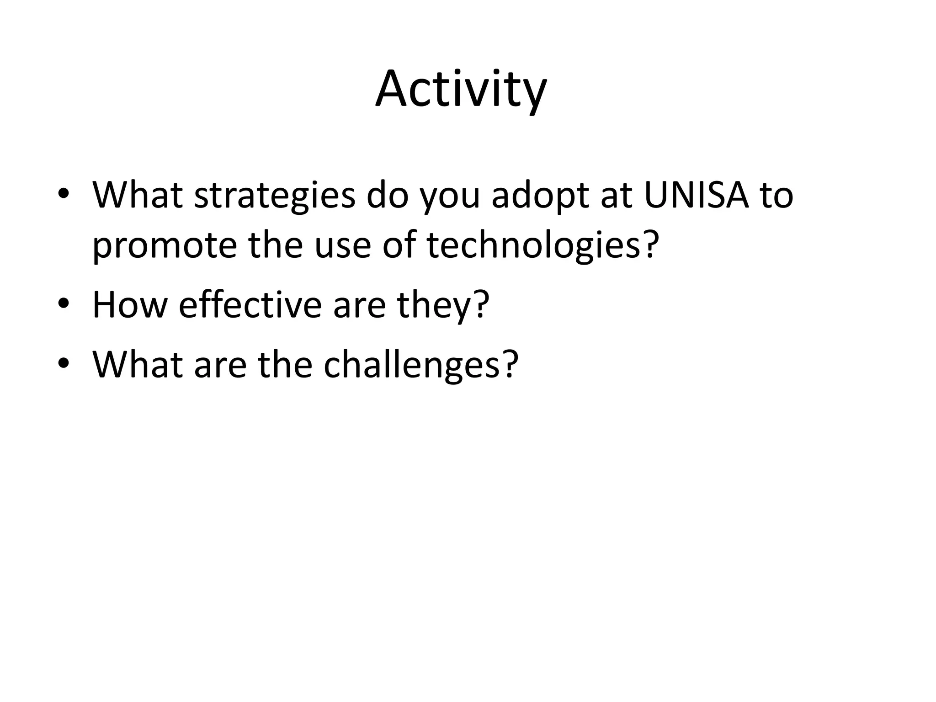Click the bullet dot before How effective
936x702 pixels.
click(x=64, y=304)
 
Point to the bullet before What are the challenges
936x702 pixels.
click(x=64, y=363)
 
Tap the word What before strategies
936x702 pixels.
click(x=138, y=195)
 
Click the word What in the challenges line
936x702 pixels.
click(x=138, y=364)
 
